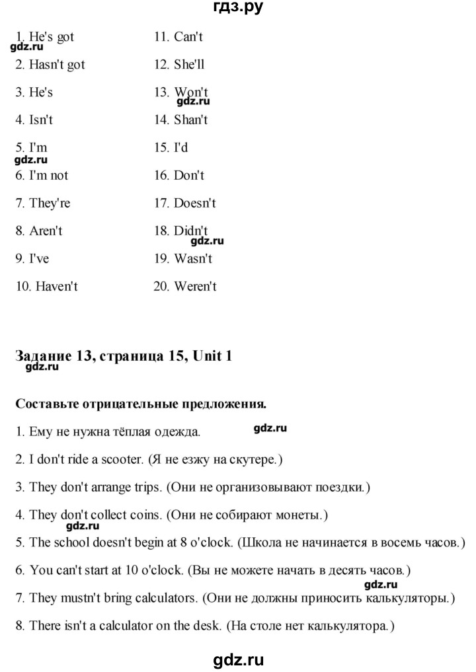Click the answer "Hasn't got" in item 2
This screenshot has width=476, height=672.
(x=58, y=65)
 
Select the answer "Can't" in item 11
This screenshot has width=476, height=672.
(x=188, y=37)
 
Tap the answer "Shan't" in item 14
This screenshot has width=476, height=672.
(x=191, y=120)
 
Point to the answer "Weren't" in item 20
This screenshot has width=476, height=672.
(x=196, y=287)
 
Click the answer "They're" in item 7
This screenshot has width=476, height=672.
(x=50, y=204)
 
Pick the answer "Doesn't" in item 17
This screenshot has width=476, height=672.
(x=195, y=204)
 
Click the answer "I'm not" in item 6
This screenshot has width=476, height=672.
(x=49, y=176)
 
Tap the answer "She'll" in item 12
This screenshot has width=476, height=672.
(x=190, y=65)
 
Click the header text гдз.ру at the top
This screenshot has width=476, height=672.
(x=237, y=9)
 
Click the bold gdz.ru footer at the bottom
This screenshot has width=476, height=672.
(x=237, y=658)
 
